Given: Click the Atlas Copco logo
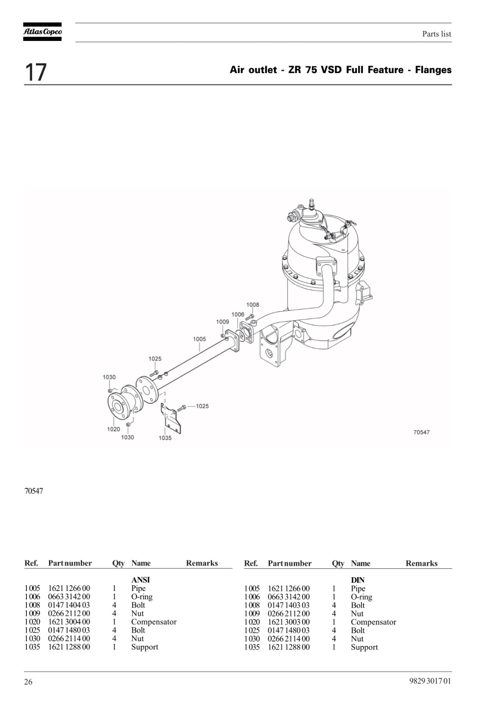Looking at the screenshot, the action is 42,32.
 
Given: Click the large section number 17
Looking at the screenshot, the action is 35,72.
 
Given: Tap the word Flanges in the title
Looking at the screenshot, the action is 433,70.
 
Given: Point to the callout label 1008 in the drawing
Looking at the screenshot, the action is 252,304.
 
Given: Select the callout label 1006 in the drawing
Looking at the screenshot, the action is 238,315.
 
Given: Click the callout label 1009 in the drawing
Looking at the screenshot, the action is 222,322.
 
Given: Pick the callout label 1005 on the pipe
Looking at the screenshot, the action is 199,339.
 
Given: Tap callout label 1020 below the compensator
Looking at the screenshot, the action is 113,429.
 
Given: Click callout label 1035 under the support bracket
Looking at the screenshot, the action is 165,438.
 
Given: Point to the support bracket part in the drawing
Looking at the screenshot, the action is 172,419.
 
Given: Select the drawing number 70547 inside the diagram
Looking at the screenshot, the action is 421,432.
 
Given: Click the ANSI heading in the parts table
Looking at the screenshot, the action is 141,579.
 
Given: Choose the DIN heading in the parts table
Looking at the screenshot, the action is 358,580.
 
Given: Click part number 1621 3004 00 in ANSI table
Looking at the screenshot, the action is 69,622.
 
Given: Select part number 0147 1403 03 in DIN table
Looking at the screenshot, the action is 289,605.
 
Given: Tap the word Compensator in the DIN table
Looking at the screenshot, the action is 374,622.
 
